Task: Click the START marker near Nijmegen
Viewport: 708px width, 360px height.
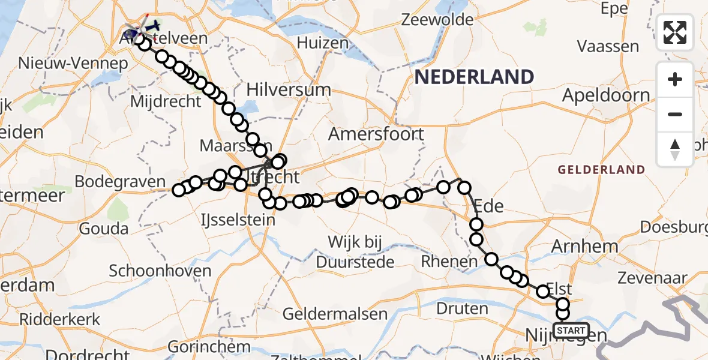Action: (571, 330)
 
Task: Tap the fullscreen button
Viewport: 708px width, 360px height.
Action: (675, 32)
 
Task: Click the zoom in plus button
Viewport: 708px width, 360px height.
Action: (675, 79)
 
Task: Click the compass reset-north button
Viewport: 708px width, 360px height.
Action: (675, 149)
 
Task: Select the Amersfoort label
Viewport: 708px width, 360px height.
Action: (376, 134)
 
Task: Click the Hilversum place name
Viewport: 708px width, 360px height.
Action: (289, 91)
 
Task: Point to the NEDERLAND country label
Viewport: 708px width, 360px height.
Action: (474, 77)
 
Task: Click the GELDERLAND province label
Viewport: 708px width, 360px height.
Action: (601, 170)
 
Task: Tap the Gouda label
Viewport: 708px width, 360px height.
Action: (103, 229)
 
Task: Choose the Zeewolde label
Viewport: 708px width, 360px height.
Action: (437, 20)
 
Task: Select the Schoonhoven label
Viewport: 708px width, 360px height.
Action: (160, 271)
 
